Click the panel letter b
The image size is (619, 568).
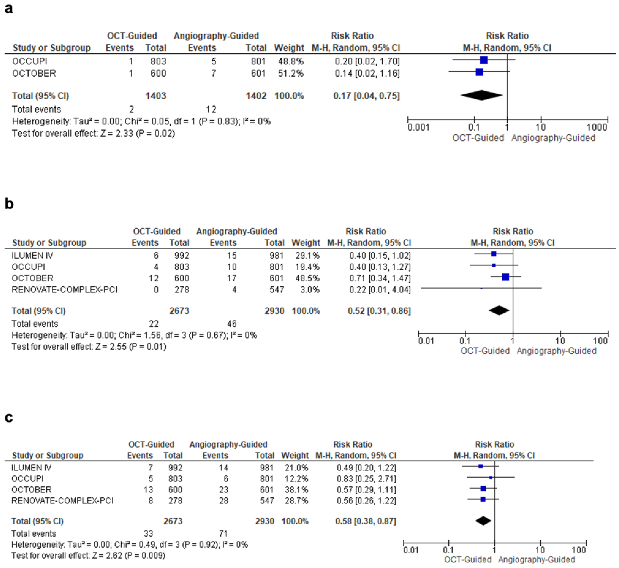[9, 204]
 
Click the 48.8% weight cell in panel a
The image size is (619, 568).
[291, 61]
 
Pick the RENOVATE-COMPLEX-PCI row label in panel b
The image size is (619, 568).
[64, 290]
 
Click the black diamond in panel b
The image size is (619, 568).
[499, 310]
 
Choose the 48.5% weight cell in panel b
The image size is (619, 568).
[306, 278]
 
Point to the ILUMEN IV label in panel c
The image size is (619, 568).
[31, 468]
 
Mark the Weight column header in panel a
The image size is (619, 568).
[289, 48]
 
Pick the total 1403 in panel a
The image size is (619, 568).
[156, 96]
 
